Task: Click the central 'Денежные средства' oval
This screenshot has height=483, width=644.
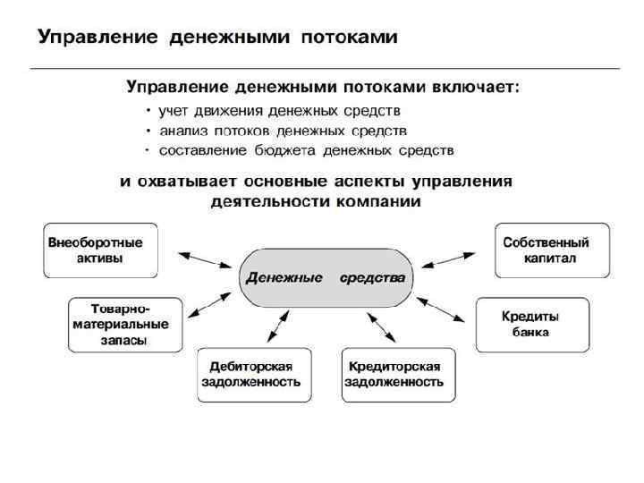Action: (x=326, y=278)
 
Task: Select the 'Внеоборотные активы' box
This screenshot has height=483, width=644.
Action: (x=101, y=250)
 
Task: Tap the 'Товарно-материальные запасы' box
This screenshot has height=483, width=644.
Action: (x=125, y=325)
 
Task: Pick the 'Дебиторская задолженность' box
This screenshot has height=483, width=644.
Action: (x=255, y=374)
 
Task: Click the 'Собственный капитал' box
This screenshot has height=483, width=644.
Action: (x=552, y=250)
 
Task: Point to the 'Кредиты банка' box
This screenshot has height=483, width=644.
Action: (x=533, y=325)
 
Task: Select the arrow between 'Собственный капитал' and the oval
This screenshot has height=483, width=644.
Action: (x=452, y=260)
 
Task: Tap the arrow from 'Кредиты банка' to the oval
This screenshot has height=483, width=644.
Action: (x=443, y=309)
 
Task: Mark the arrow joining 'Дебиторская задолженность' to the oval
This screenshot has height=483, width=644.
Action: (x=277, y=326)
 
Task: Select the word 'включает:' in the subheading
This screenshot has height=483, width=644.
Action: (x=476, y=89)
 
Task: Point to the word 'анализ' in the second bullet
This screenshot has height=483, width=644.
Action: (x=182, y=131)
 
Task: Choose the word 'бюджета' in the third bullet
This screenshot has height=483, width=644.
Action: (x=293, y=149)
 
